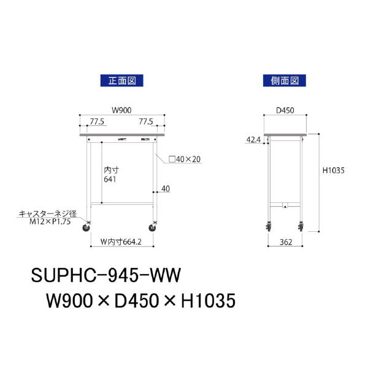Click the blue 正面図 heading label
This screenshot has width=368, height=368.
pos(121,80)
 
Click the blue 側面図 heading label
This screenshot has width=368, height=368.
pos(284,80)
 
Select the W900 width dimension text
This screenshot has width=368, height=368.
pos(121,110)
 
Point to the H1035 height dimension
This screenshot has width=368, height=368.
pos(335,172)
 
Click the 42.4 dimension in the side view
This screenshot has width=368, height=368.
pos(253,140)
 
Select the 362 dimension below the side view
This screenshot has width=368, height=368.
pos(284,242)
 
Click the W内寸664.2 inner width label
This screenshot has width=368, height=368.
pos(121,242)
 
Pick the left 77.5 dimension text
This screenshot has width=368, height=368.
pos(97,122)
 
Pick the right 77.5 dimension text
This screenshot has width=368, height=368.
pos(146,122)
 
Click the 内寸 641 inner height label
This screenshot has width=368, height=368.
pos(110,174)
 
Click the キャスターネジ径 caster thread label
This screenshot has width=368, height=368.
pos(47,213)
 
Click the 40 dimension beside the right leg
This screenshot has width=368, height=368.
pos(165,188)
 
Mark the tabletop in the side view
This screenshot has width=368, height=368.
pos(285,134)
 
